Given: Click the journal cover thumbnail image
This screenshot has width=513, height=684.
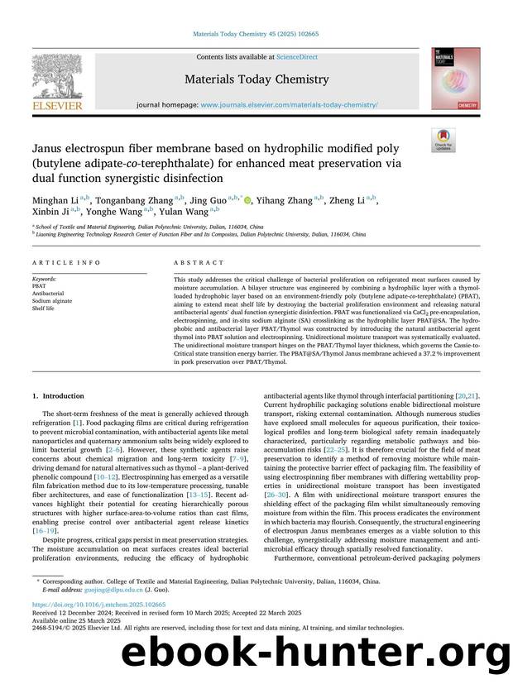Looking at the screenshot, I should pos(454,79).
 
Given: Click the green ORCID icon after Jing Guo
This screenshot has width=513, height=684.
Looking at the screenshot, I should pos(249,199).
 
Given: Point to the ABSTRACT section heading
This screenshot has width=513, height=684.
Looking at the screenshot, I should pos(199,262).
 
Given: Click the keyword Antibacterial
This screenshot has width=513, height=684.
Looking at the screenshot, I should pos(48,293).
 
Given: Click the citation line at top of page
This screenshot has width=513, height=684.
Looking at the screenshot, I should pos(256,34).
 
